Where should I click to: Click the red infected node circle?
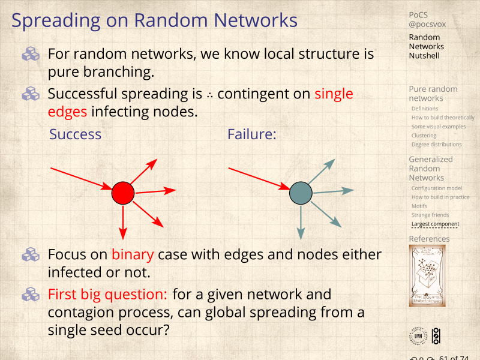[123, 193]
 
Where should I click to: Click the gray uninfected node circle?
[301, 193]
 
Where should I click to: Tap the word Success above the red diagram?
[75, 134]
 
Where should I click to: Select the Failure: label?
[251, 134]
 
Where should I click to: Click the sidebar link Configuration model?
[436, 188]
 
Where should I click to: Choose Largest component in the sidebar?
[435, 224]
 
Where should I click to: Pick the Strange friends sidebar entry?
[430, 215]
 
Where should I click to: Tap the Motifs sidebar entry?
[419, 206]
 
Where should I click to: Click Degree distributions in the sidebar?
[436, 144]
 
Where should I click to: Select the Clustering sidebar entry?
[424, 136]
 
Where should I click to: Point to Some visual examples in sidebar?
[438, 127]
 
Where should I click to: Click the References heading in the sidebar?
[429, 239]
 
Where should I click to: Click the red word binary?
[133, 254]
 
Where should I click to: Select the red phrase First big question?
[108, 295]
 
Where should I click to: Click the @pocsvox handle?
[427, 25]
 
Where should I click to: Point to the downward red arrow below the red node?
[123, 222]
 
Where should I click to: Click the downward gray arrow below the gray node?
[301, 222]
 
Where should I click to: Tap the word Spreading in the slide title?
[55, 21]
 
